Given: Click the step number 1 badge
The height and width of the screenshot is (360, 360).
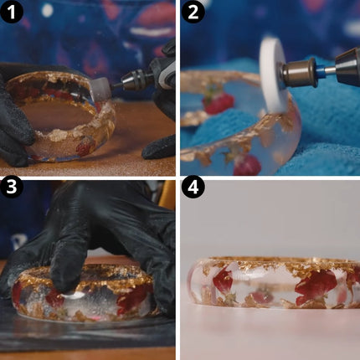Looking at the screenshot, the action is pyautogui.click(x=11, y=12).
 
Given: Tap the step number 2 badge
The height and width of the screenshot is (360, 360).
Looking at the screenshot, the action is pyautogui.click(x=193, y=12).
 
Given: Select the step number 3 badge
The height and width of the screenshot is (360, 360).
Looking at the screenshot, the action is pyautogui.click(x=11, y=187).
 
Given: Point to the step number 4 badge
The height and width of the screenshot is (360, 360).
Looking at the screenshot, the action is pyautogui.click(x=193, y=187).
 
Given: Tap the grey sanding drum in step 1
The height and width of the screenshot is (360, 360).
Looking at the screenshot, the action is pyautogui.click(x=100, y=87).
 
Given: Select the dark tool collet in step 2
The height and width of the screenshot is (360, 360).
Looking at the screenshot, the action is pyautogui.click(x=347, y=67).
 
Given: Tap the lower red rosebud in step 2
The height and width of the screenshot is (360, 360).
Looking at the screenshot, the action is pyautogui.click(x=247, y=165).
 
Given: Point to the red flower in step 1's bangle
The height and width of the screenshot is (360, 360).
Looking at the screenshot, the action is pyautogui.click(x=83, y=147).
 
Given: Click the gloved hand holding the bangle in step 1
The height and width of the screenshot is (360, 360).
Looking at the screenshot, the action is pyautogui.click(x=14, y=117).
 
